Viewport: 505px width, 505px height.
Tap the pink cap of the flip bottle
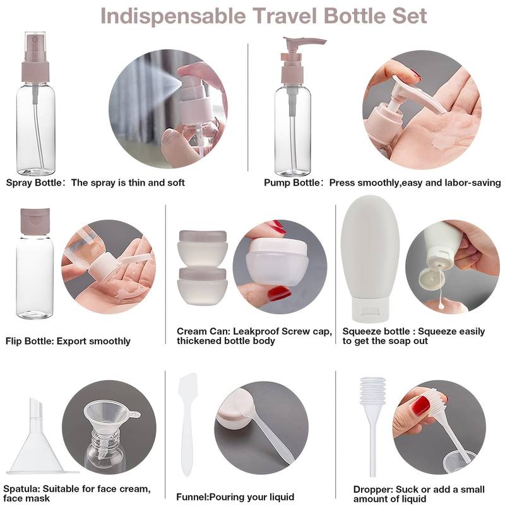(x=35, y=220)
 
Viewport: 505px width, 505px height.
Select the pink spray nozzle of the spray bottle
(x=35, y=57)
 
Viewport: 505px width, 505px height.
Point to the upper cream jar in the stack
(x=203, y=247)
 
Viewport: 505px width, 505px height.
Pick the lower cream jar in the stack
(x=203, y=286)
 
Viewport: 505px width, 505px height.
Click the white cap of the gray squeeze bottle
(x=371, y=309)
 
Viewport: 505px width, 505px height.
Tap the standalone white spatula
(x=187, y=424)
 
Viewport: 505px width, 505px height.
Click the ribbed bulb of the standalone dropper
(x=372, y=391)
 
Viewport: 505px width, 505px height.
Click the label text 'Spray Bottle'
(x=33, y=182)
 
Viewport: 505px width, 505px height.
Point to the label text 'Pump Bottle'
(x=292, y=182)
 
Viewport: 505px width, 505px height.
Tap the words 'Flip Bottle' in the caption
(x=29, y=341)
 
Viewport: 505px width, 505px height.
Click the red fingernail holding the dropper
(x=421, y=405)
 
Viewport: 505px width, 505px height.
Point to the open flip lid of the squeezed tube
(x=432, y=279)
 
